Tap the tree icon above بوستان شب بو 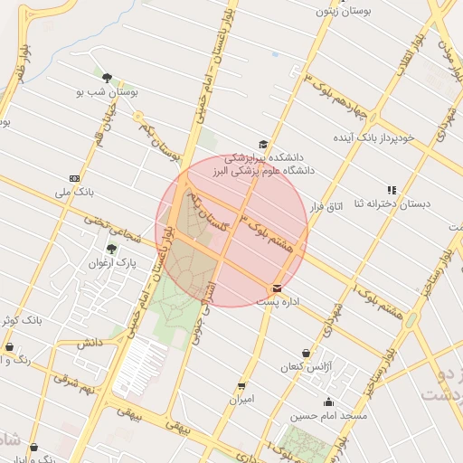(x=108, y=78)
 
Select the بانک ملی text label (x=74, y=193)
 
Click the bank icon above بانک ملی (x=74, y=179)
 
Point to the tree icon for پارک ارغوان (x=111, y=249)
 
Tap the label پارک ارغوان (x=111, y=263)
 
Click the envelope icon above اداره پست (x=277, y=288)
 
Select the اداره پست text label (x=283, y=301)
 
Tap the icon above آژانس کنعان (x=307, y=353)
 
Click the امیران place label (x=241, y=398)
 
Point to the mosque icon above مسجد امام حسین (x=328, y=402)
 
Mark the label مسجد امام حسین (x=328, y=416)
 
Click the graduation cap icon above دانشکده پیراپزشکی (x=263, y=144)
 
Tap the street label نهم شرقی (x=74, y=384)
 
